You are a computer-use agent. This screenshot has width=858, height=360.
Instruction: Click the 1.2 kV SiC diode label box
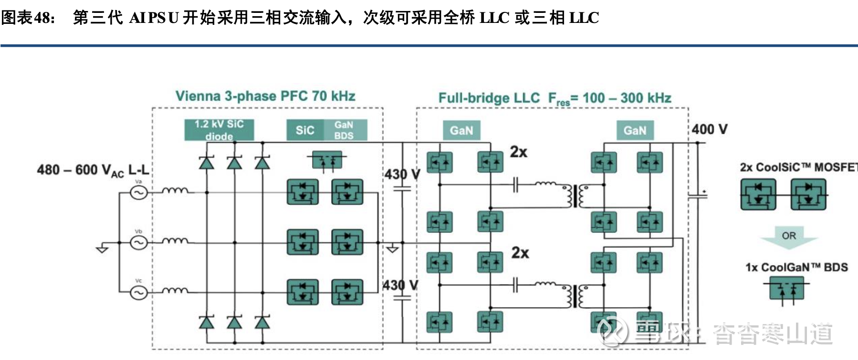219,130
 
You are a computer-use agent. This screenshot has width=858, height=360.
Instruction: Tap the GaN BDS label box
344,130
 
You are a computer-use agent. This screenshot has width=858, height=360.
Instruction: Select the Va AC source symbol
139,192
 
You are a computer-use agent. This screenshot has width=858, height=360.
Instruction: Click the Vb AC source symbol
139,243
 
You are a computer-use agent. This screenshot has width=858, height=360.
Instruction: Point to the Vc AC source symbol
139,292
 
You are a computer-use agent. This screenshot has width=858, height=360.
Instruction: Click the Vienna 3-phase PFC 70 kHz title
265,96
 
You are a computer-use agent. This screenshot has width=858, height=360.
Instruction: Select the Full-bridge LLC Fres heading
555,98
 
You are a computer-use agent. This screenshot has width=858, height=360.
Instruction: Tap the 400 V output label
710,129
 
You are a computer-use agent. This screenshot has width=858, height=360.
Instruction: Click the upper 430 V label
402,174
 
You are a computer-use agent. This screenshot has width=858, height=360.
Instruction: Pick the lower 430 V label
400,286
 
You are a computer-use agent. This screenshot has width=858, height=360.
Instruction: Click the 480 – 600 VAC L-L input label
93,170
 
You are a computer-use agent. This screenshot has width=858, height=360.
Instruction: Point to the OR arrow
789,236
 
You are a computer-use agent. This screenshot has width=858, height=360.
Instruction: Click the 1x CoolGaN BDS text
796,267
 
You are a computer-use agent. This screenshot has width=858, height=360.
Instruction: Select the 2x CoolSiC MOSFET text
798,167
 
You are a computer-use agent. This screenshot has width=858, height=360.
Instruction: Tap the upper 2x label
519,152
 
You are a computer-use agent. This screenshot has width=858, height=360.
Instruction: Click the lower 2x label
520,253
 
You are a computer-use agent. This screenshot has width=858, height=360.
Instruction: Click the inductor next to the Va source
175,191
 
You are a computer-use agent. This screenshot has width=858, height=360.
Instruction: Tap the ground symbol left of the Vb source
102,249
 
